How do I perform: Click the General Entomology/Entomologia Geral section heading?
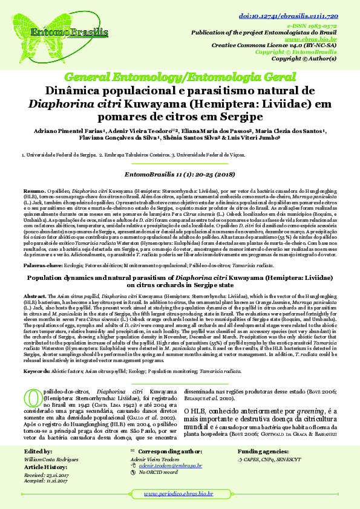click(180, 77)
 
